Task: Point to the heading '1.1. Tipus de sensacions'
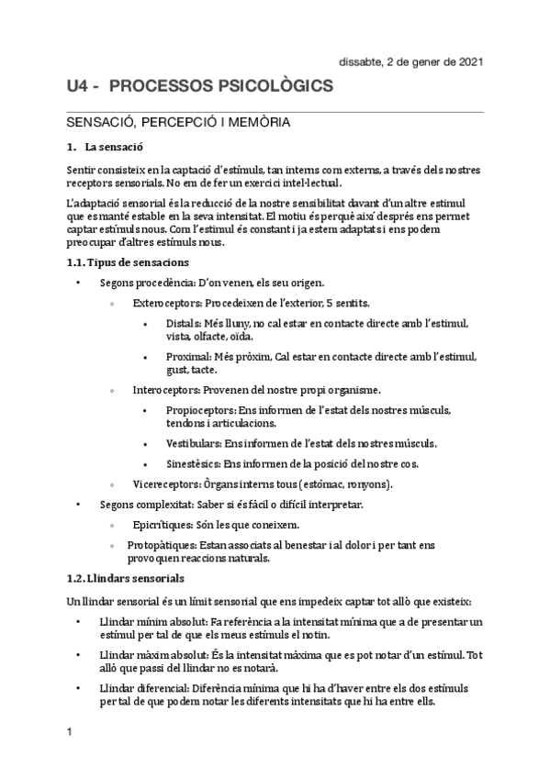[x=122, y=262]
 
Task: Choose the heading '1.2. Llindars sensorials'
[x=125, y=578]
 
